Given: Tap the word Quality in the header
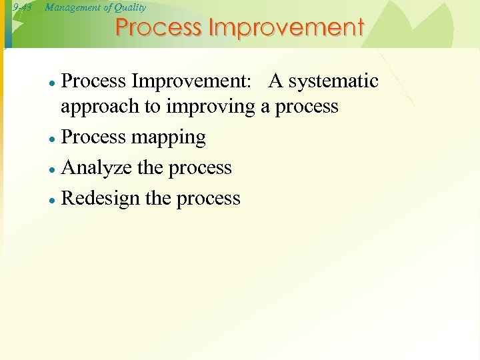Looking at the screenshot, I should click(x=130, y=7).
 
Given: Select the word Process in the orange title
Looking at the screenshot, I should click(x=159, y=28).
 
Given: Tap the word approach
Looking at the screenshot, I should click(x=99, y=107).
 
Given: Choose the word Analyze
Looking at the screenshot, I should click(x=96, y=168).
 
